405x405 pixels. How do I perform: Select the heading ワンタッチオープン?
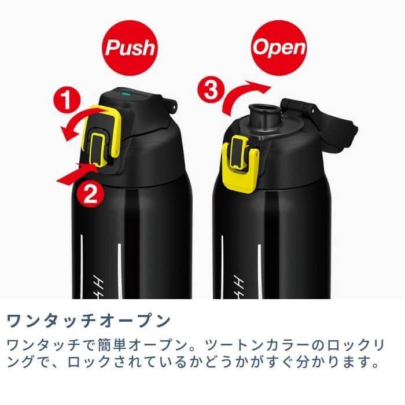click(x=89, y=321)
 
